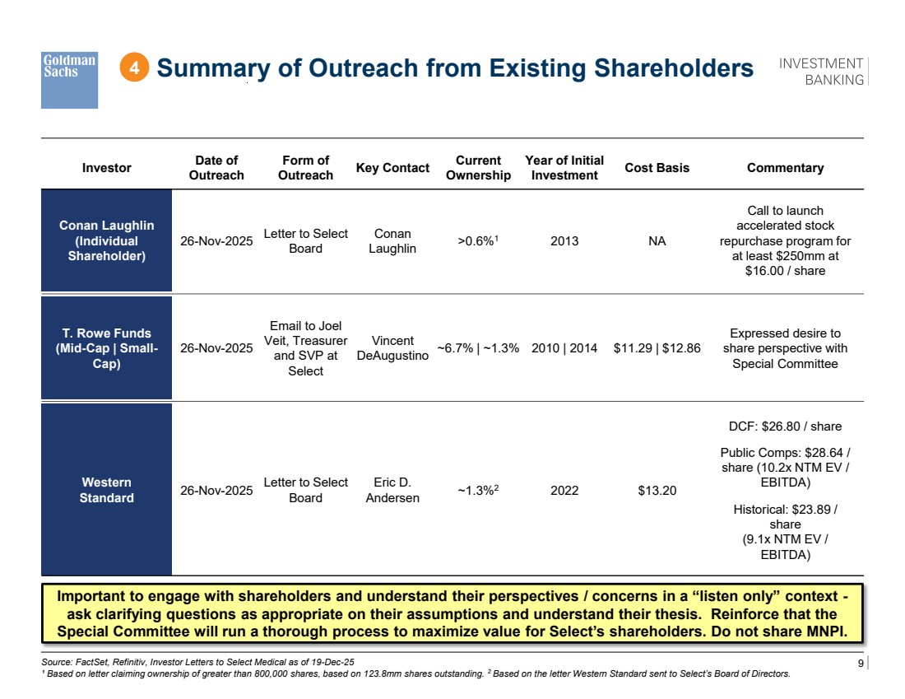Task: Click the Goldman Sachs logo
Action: (69, 81)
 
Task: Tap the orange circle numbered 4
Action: (134, 68)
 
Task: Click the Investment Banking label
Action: (821, 72)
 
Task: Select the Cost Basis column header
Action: (657, 167)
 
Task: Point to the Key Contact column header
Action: (392, 167)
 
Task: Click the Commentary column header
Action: (785, 167)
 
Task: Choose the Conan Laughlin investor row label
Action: (107, 240)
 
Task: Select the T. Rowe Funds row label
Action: (107, 347)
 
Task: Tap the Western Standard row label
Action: (107, 490)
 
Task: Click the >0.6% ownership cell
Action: (478, 240)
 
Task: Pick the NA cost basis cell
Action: (657, 241)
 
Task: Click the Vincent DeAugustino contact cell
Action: (392, 347)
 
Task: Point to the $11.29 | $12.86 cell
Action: (657, 347)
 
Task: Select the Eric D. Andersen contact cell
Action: (392, 490)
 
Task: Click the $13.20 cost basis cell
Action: (657, 491)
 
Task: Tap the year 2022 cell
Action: (564, 491)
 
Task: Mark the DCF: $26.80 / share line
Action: (785, 426)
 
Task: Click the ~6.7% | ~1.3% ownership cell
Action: (478, 347)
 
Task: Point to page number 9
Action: (861, 663)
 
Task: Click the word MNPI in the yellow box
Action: (827, 631)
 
